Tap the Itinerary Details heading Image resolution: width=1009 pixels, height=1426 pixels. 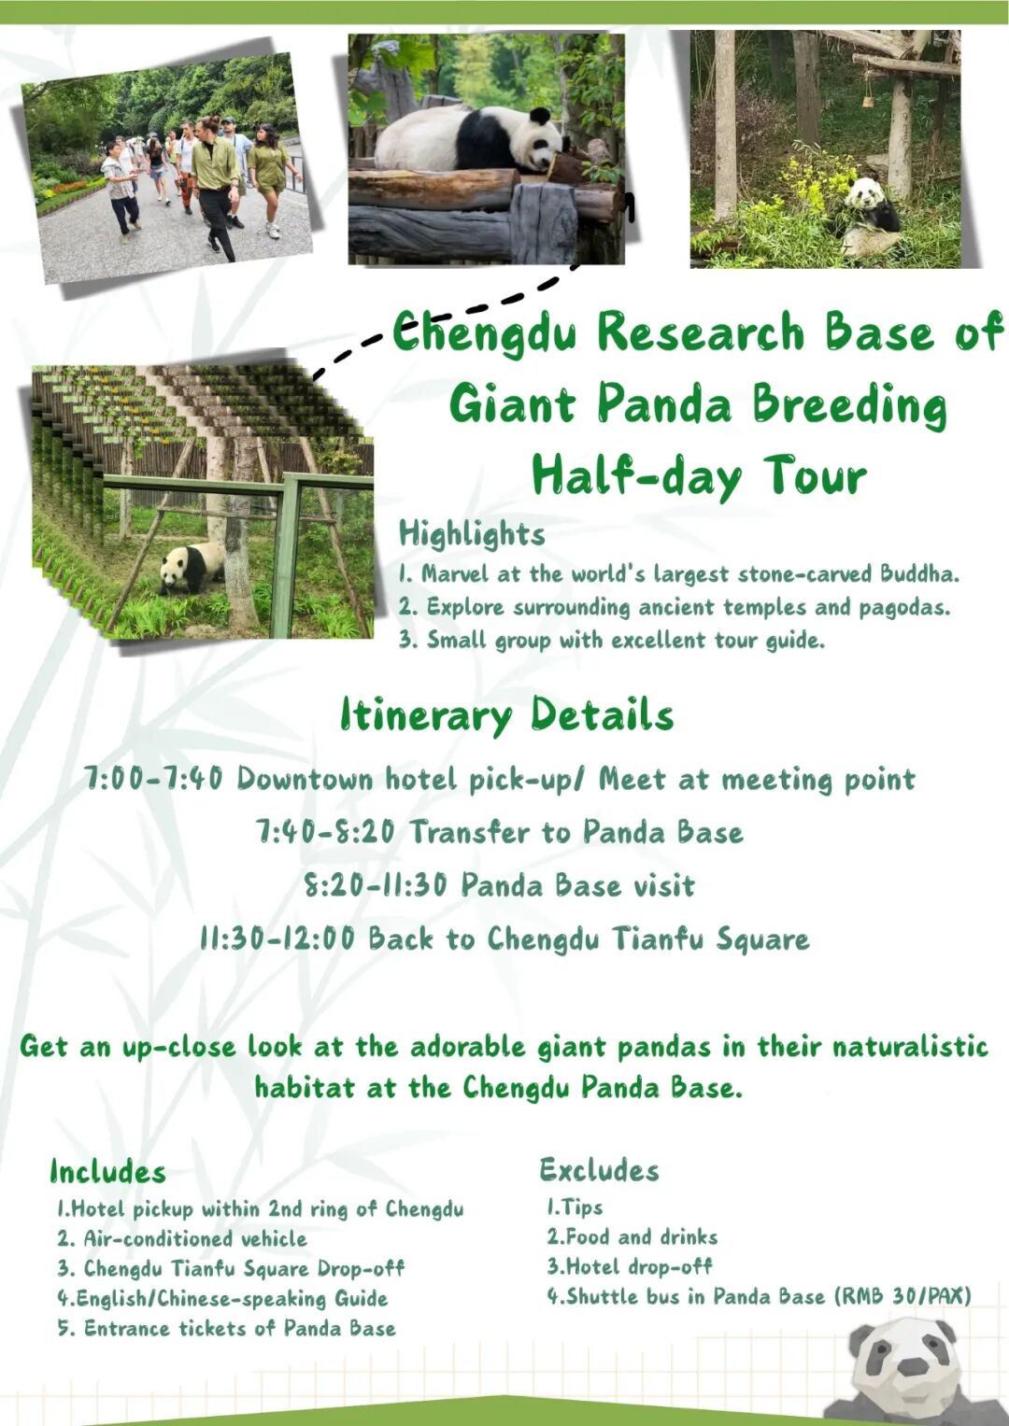click(x=507, y=715)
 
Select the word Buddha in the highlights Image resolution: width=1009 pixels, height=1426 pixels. click(x=920, y=574)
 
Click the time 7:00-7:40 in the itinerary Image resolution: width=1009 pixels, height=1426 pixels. click(x=153, y=779)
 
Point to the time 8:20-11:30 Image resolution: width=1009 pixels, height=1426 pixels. click(x=376, y=885)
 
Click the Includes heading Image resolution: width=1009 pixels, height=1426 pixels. click(x=107, y=1172)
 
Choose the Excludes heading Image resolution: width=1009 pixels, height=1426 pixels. click(x=600, y=1170)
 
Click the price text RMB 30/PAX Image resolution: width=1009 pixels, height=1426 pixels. click(x=903, y=1296)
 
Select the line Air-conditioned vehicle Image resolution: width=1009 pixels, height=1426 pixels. click(x=182, y=1239)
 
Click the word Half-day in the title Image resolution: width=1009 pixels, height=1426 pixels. click(x=637, y=476)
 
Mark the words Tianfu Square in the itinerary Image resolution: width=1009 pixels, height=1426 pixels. click(x=711, y=939)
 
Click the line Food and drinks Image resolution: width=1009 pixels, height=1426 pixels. click(x=632, y=1237)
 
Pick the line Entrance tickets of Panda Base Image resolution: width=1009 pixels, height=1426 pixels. click(x=227, y=1329)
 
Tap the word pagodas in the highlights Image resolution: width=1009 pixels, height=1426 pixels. click(x=904, y=608)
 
